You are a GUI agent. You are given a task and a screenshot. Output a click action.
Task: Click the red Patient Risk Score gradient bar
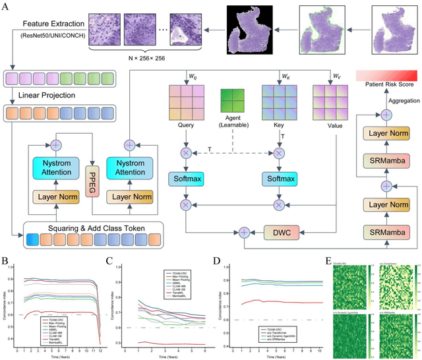click(x=388, y=74)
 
